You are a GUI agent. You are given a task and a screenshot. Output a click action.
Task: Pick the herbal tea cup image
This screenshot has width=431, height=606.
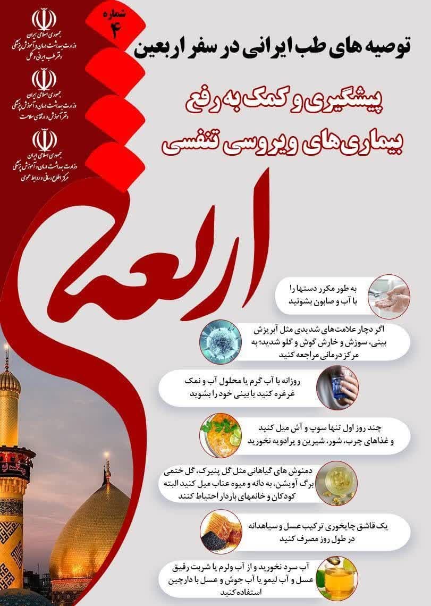coord(336,484)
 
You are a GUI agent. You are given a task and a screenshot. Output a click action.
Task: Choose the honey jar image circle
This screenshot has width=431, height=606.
coord(336,577)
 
